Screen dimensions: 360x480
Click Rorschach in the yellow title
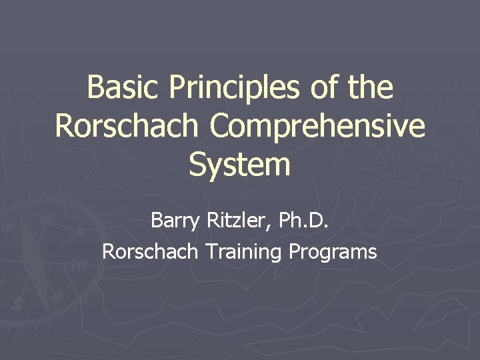point(129,126)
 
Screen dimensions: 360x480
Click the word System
point(240,165)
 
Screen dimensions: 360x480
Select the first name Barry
point(175,220)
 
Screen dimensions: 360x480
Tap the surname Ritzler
point(233,220)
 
